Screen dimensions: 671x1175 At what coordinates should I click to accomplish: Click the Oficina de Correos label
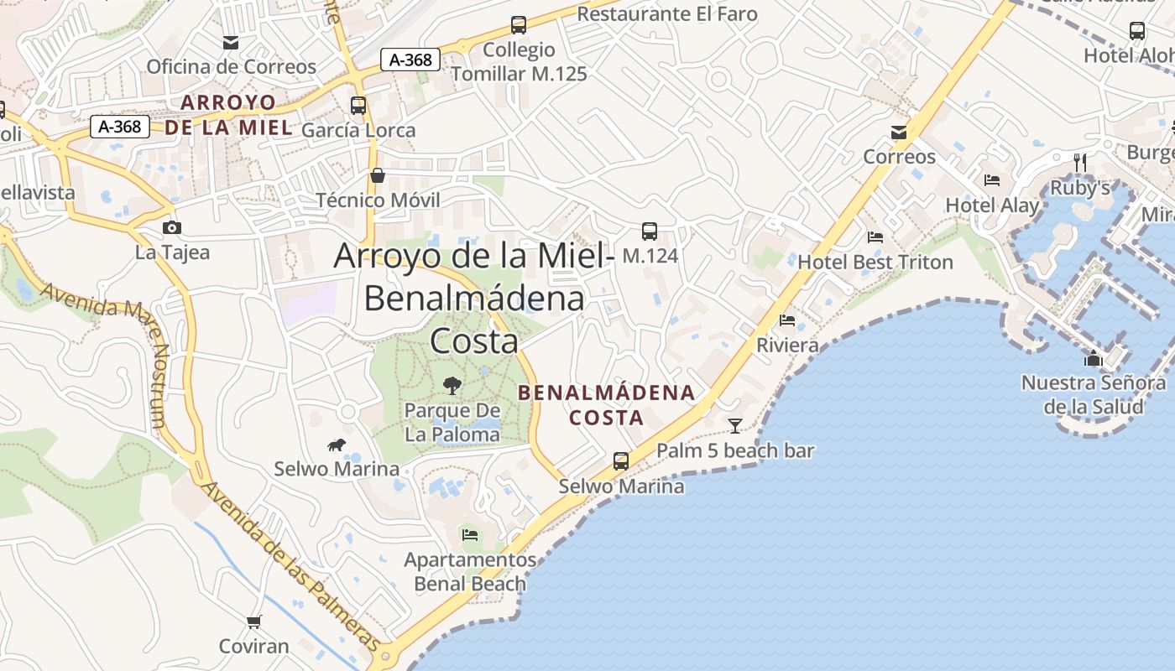[x=231, y=66]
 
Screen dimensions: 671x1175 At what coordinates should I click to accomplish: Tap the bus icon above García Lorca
[x=358, y=106]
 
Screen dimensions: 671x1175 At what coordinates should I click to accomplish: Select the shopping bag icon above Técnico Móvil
[x=378, y=175]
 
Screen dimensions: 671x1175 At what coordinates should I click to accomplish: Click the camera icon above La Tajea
[x=172, y=227]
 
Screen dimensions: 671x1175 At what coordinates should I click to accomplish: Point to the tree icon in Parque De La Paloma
[x=452, y=386]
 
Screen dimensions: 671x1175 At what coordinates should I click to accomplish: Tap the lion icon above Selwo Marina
[x=337, y=445]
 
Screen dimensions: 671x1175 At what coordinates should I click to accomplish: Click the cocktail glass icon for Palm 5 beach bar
[x=735, y=426]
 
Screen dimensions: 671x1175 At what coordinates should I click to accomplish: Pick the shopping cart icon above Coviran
[x=253, y=622]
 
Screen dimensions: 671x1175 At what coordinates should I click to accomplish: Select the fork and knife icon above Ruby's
[x=1080, y=162]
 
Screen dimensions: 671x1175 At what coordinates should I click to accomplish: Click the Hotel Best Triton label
[x=875, y=262]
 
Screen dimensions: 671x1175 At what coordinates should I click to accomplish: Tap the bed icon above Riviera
[x=787, y=320]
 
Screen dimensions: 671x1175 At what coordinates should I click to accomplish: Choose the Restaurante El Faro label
[x=667, y=13]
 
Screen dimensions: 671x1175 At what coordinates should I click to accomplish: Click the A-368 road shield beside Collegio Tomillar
[x=410, y=60]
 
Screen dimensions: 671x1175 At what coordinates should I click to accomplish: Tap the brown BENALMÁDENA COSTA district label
[x=606, y=404]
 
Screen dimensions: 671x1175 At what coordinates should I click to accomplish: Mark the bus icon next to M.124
[x=649, y=231]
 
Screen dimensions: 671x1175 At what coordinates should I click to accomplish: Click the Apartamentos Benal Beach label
[x=469, y=571]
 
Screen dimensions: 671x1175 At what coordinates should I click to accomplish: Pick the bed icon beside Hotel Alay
[x=992, y=180]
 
